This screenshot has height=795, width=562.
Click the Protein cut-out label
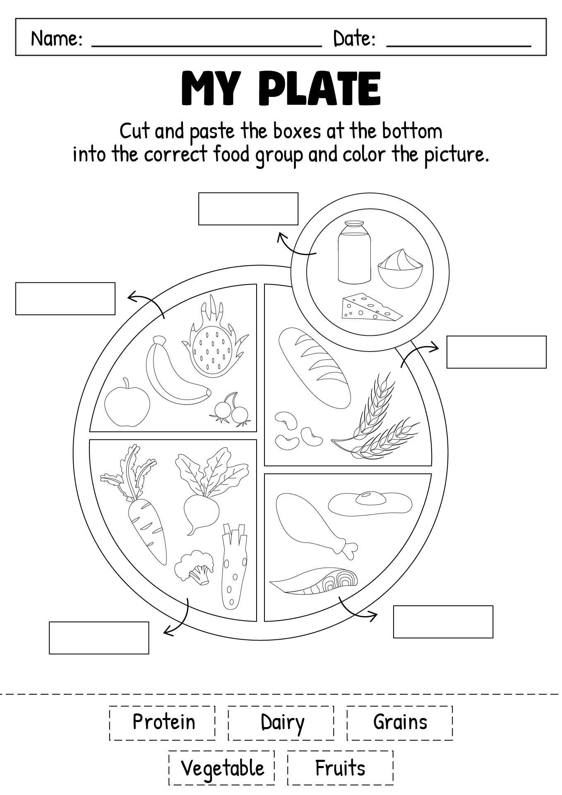pyautogui.click(x=163, y=723)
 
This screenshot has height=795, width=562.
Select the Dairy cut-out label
pyautogui.click(x=281, y=723)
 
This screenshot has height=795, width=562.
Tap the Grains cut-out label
pyautogui.click(x=400, y=723)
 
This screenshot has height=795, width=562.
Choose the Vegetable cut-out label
pyautogui.click(x=222, y=768)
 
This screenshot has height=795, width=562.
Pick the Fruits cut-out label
pyautogui.click(x=340, y=768)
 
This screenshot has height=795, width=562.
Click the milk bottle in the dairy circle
pyautogui.click(x=354, y=253)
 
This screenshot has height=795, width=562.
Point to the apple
pyautogui.click(x=127, y=404)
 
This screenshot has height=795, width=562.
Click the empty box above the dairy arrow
pyautogui.click(x=248, y=209)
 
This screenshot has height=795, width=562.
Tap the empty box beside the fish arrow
pyautogui.click(x=443, y=622)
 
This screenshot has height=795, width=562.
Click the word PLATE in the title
pyautogui.click(x=321, y=89)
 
